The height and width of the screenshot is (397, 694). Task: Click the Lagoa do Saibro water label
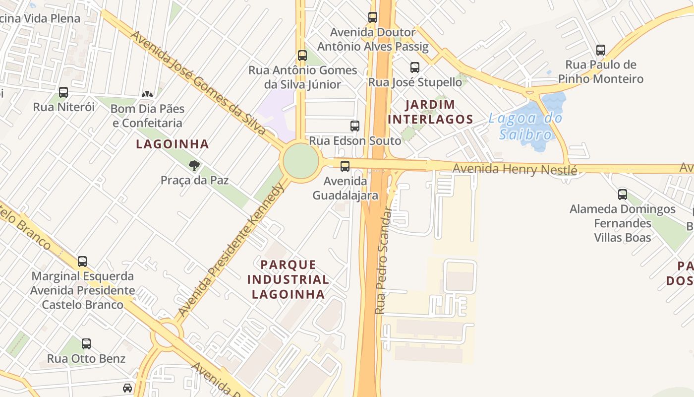525,126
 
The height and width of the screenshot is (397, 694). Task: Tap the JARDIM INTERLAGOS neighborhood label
430,112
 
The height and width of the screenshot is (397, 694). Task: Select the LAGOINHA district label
173,144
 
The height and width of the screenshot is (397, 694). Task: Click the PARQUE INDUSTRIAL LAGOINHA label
288,279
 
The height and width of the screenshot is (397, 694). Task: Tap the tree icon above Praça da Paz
194,165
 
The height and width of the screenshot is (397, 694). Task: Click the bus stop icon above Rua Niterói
63,92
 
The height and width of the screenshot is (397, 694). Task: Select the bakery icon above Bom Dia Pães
147,94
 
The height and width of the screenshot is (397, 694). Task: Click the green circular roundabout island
301,160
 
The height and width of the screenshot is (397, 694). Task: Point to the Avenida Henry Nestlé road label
515,169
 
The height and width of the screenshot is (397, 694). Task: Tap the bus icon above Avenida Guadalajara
345,166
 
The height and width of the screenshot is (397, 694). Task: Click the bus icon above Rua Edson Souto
355,126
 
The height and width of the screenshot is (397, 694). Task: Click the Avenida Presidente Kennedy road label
231,250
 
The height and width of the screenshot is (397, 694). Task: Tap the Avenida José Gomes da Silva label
198,83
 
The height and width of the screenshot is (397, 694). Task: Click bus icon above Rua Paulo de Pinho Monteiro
601,50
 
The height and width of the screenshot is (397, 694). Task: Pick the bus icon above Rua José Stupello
415,67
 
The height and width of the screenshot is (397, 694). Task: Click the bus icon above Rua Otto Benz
86,343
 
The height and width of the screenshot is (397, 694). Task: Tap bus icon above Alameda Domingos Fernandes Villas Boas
623,194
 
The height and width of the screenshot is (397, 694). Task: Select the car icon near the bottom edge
127,388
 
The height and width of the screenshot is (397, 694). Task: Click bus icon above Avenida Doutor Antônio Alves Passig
373,17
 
